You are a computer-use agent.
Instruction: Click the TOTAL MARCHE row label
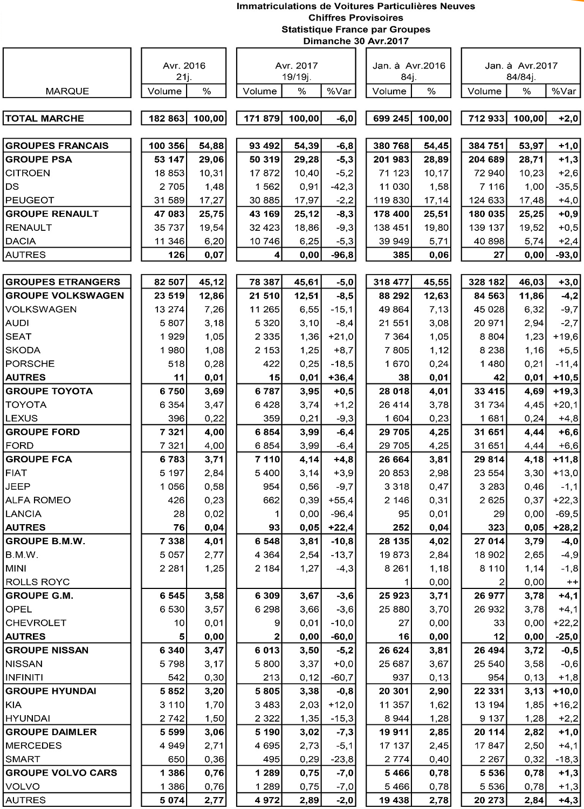(x=45, y=119)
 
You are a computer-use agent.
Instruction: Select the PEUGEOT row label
(x=30, y=200)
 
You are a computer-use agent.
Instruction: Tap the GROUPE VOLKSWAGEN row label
(x=65, y=296)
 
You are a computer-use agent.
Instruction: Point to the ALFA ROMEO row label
(x=38, y=500)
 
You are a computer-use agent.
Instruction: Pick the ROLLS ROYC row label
(x=38, y=582)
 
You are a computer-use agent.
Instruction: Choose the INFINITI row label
(x=24, y=677)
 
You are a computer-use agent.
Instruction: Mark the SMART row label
(x=23, y=759)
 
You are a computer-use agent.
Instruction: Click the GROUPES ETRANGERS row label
(x=63, y=282)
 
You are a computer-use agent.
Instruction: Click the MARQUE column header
(x=67, y=91)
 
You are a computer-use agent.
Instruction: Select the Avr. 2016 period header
(x=184, y=66)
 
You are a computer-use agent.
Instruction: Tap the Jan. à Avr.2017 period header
(x=521, y=66)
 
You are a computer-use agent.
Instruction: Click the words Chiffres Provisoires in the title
(x=356, y=18)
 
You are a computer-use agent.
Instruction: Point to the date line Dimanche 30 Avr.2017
(x=356, y=41)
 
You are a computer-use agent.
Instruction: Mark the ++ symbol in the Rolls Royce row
(x=572, y=582)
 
